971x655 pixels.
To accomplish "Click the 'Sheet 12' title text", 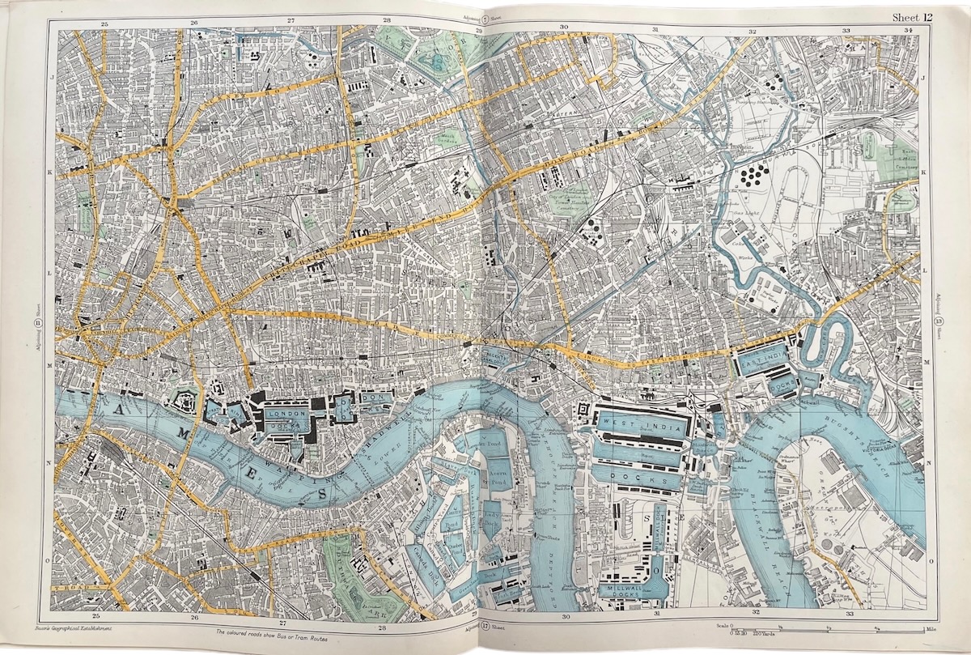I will [x=912, y=18].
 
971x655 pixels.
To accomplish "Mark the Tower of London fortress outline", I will [x=184, y=398].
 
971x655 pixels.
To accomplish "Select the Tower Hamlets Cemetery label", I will [x=570, y=193].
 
